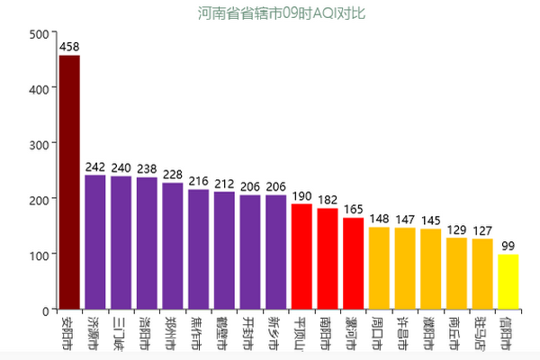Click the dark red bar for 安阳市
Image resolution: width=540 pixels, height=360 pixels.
tap(69, 182)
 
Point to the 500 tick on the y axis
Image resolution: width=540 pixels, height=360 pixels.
tap(39, 34)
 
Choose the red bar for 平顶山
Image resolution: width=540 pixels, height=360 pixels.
tap(301, 256)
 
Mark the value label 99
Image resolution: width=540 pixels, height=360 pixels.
tap(508, 246)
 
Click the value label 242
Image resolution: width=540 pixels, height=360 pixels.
tap(95, 166)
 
